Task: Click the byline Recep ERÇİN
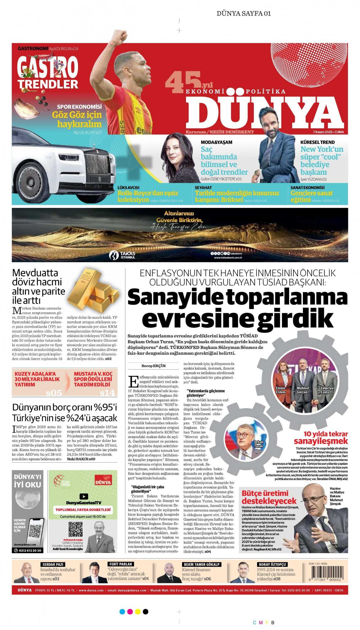click(154, 366)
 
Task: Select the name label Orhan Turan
click(258, 444)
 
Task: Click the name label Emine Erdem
click(280, 390)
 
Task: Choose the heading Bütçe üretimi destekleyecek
click(265, 497)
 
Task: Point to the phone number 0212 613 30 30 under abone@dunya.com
click(28, 550)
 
